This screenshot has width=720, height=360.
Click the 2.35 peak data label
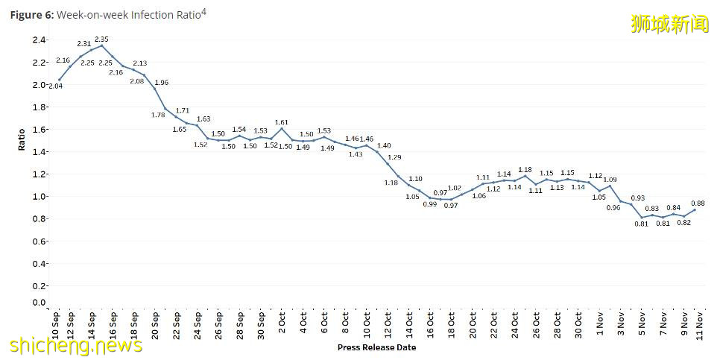tap(101, 39)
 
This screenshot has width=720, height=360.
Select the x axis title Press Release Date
tap(376, 347)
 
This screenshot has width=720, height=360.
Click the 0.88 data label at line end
tap(698, 203)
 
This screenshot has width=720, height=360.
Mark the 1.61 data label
tap(282, 121)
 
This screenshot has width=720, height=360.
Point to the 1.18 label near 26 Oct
tap(525, 170)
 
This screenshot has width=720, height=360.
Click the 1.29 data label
tap(395, 157)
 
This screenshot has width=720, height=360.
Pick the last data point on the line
tap(695, 209)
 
